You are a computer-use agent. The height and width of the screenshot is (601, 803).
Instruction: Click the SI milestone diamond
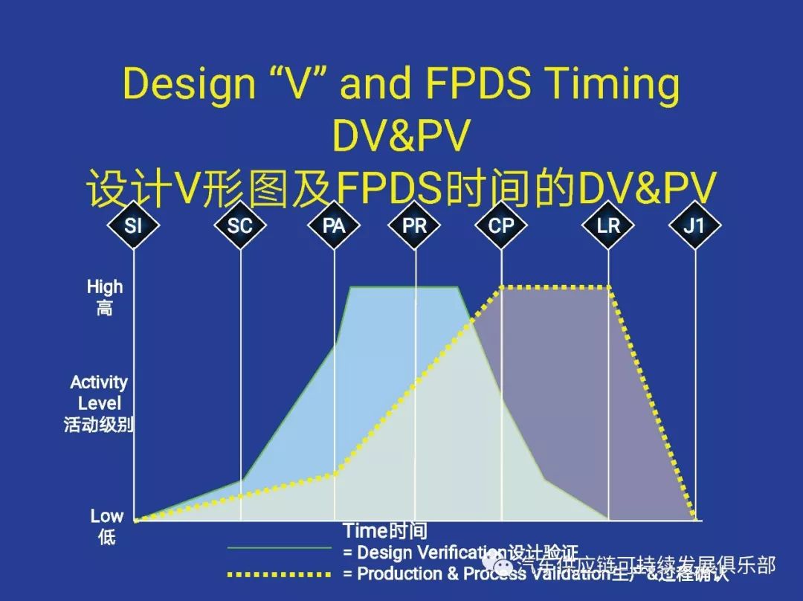click(x=133, y=225)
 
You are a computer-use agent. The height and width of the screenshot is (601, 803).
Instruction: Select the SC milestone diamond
click(x=240, y=225)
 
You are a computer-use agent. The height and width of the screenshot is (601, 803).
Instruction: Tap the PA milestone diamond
click(x=334, y=225)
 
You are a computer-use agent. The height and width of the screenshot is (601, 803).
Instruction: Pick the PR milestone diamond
click(x=415, y=225)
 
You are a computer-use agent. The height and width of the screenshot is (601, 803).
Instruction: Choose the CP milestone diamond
click(x=501, y=225)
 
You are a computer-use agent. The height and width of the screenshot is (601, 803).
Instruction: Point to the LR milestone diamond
click(x=608, y=225)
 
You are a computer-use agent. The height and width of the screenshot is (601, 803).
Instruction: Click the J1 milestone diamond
click(x=694, y=225)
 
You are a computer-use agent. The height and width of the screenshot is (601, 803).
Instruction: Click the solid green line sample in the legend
click(x=279, y=548)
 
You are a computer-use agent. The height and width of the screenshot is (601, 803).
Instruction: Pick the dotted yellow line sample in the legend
click(x=279, y=574)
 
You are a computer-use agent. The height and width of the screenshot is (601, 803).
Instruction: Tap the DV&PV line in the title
click(x=401, y=136)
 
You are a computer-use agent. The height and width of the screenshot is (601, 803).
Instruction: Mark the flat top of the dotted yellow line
click(x=555, y=286)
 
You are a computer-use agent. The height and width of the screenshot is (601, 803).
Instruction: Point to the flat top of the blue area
click(x=404, y=287)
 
